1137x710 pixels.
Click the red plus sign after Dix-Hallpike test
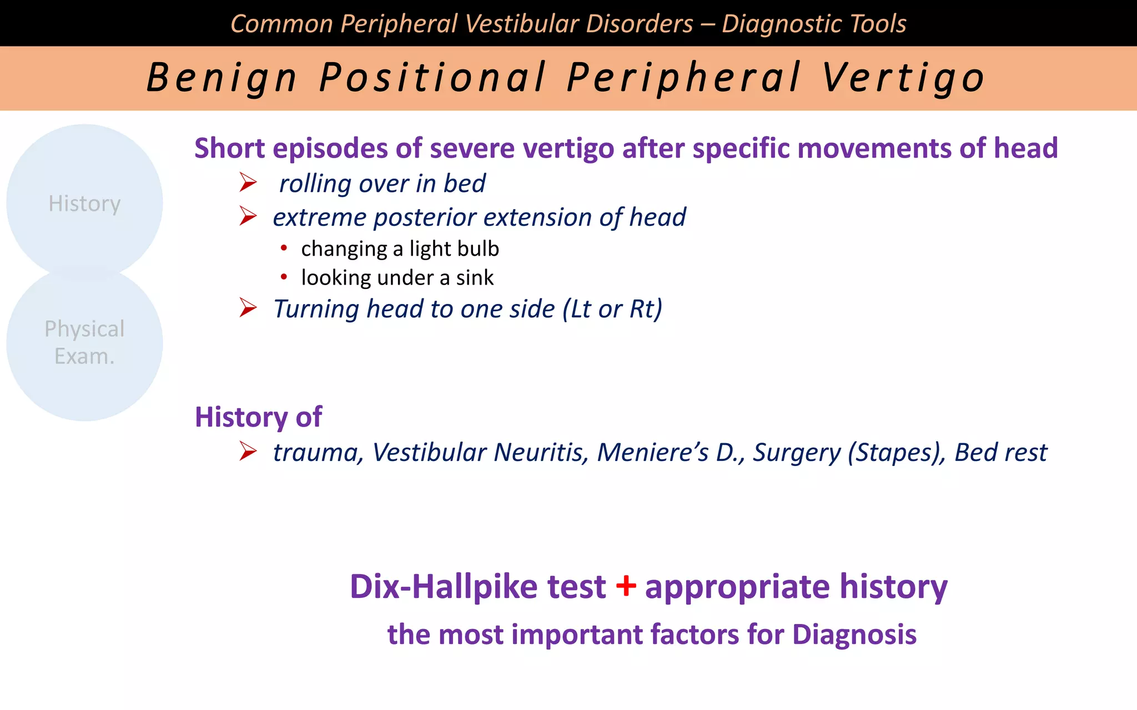[626, 586]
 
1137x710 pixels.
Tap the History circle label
[84, 204]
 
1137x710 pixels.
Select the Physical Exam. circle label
[84, 342]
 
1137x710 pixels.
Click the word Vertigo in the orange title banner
[903, 78]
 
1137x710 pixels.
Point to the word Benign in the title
[222, 78]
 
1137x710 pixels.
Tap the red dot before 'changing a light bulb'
[284, 248]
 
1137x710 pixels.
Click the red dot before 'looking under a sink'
[284, 277]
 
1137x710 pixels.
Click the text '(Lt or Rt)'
[612, 309]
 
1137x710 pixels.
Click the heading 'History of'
[258, 417]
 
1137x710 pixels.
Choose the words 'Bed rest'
[1000, 452]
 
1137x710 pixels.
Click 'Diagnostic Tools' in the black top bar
[814, 24]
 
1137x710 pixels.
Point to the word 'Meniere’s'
[653, 452]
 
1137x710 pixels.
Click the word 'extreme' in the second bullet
[319, 217]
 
